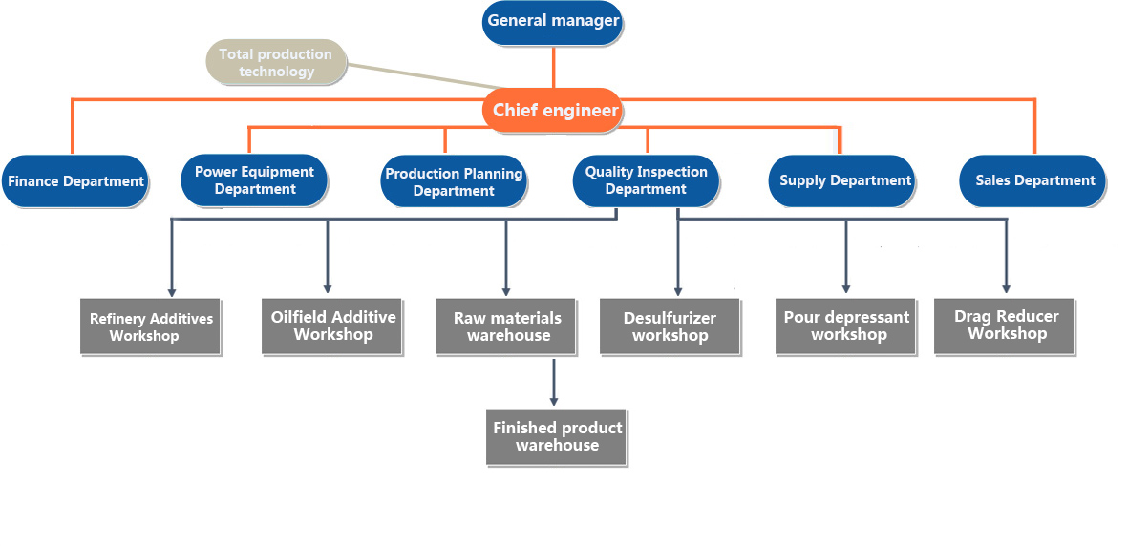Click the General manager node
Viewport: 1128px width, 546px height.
click(552, 21)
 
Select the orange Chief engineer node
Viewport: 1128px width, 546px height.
click(554, 110)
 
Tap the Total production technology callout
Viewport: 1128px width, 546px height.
click(275, 62)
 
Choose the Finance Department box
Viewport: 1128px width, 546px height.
click(74, 181)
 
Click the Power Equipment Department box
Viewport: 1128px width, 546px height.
click(255, 179)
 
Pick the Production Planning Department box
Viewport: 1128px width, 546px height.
click(454, 181)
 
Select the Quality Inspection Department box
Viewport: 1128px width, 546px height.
click(646, 180)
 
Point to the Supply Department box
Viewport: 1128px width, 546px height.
click(841, 180)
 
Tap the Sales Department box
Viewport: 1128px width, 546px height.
click(1033, 180)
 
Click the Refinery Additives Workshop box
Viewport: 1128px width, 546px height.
click(150, 326)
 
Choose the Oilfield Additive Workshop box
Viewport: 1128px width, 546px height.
click(331, 325)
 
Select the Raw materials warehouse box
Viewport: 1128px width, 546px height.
click(505, 325)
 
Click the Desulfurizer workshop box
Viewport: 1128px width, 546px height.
click(670, 326)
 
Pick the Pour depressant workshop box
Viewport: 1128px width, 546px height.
click(845, 325)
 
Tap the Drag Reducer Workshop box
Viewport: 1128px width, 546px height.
click(1004, 325)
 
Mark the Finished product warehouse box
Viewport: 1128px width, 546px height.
click(556, 437)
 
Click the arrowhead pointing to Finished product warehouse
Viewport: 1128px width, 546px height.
click(554, 400)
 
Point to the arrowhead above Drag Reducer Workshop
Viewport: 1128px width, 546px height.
click(1006, 287)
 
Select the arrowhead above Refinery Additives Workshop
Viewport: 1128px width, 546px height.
click(172, 290)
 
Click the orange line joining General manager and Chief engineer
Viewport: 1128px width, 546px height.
click(553, 66)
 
